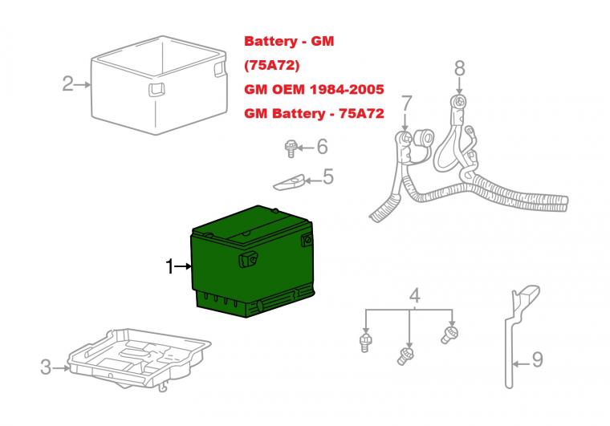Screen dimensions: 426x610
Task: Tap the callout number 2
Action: click(68, 83)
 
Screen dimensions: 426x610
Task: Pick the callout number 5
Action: click(327, 176)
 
